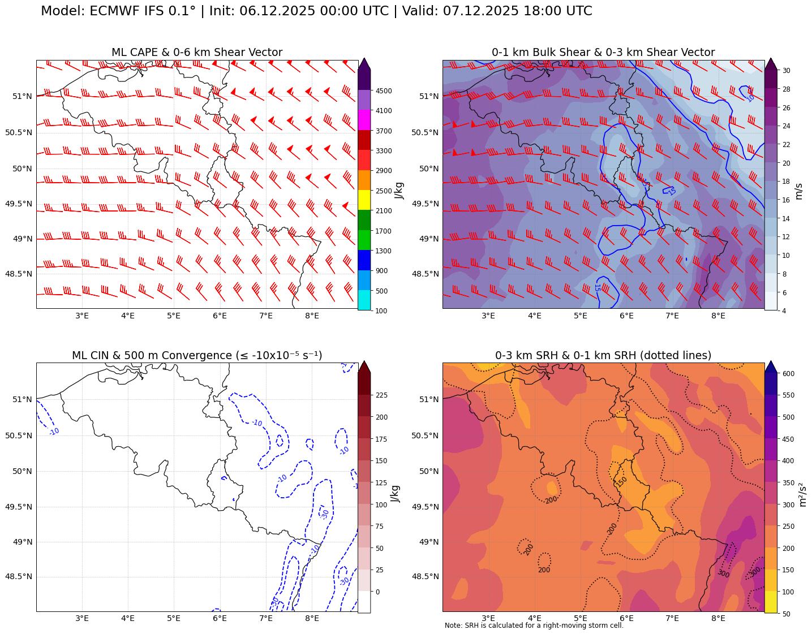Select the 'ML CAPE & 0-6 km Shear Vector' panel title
coord(197,53)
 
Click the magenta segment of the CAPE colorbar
coord(364,120)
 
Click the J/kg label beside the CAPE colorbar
coord(399,191)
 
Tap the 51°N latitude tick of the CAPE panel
coord(23,96)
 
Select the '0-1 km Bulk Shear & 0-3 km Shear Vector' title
coord(603,53)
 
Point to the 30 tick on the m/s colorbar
coord(786,71)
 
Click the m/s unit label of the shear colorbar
coord(799,191)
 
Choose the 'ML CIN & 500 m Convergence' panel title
coord(197,356)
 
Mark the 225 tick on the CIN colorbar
coord(382,395)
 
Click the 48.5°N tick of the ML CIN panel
coord(19,577)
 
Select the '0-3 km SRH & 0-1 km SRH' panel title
coord(603,356)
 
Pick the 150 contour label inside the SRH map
coord(622,481)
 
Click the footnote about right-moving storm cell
coord(534,626)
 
